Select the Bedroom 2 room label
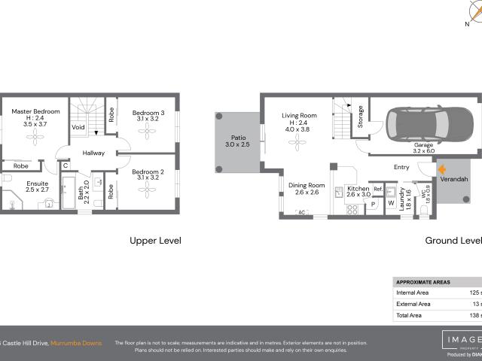(x=147, y=171)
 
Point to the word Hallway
(x=94, y=153)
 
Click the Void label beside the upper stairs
(x=78, y=128)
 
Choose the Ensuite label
(x=37, y=183)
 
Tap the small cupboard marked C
(x=66, y=165)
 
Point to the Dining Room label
(x=307, y=185)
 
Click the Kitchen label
(x=358, y=189)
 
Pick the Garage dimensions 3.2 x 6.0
(x=425, y=151)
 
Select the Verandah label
(x=455, y=180)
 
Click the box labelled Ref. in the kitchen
(x=378, y=190)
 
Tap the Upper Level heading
(x=155, y=241)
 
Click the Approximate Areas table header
(x=423, y=282)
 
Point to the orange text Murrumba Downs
(x=78, y=322)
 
